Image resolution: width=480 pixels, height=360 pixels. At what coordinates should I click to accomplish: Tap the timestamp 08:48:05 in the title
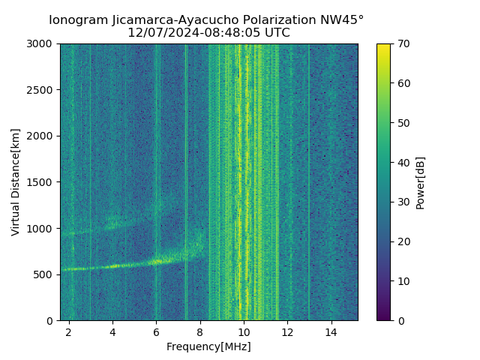[219, 33]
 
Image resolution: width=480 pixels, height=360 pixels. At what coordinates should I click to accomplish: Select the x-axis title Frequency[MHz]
[208, 346]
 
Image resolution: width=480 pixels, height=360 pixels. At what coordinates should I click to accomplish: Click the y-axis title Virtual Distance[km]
[16, 182]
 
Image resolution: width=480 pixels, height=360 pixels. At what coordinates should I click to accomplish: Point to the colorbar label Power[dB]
[421, 182]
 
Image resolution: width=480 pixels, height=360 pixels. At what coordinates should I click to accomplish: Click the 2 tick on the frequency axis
[69, 331]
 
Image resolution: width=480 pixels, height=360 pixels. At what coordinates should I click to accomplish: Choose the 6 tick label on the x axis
[156, 331]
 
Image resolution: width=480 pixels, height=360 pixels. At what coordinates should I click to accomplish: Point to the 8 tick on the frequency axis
[199, 331]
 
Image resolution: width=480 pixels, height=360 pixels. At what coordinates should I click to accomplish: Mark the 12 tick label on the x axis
[287, 331]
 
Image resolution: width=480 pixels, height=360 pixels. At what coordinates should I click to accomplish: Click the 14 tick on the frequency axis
[331, 331]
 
